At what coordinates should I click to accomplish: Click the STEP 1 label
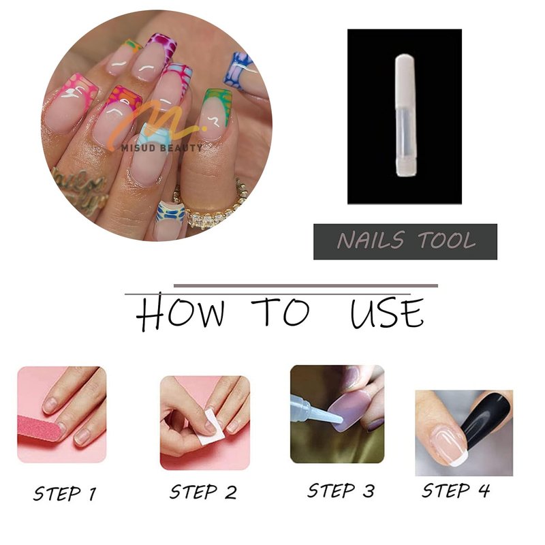click(x=65, y=493)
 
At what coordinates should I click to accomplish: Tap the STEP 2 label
click(x=203, y=492)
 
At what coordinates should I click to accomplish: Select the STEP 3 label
click(x=341, y=490)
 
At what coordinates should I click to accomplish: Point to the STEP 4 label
click(x=456, y=490)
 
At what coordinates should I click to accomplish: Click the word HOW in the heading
click(x=180, y=311)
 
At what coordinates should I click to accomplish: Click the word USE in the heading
click(x=387, y=313)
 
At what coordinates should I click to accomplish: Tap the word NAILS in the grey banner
click(x=371, y=240)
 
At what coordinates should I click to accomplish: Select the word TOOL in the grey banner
click(x=446, y=240)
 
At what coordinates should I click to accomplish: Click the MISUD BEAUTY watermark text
click(x=161, y=148)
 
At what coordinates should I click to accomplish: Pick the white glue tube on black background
click(x=405, y=115)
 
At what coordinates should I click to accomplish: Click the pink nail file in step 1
click(x=40, y=429)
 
